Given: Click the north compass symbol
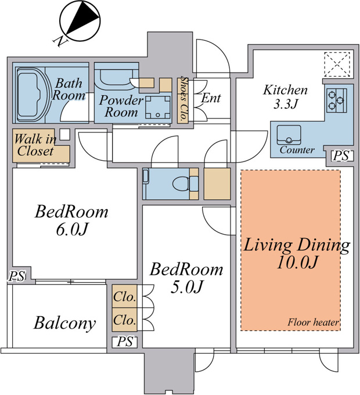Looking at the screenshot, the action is [x=80, y=21].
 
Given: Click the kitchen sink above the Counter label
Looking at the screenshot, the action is [x=289, y=135].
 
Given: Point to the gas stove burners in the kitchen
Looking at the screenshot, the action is [x=337, y=100].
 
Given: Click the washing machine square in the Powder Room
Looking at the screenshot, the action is [x=158, y=107].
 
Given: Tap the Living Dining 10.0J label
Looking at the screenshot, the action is [x=297, y=253].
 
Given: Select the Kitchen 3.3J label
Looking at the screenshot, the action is [x=285, y=97].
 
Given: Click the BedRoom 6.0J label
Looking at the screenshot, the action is [x=71, y=220].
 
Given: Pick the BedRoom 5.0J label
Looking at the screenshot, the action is [x=186, y=277].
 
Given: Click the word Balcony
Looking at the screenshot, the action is [x=64, y=323].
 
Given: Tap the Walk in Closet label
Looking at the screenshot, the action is [x=35, y=145].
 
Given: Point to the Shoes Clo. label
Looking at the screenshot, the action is [x=184, y=99].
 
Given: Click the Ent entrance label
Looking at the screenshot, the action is [x=211, y=98].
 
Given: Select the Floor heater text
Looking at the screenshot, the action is [x=313, y=322].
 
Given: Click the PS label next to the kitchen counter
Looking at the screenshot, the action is [x=341, y=156].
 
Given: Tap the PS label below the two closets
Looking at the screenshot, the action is [x=125, y=342].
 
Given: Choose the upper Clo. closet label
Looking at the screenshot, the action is [x=124, y=296].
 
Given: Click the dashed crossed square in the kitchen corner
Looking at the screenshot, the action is [x=337, y=64].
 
